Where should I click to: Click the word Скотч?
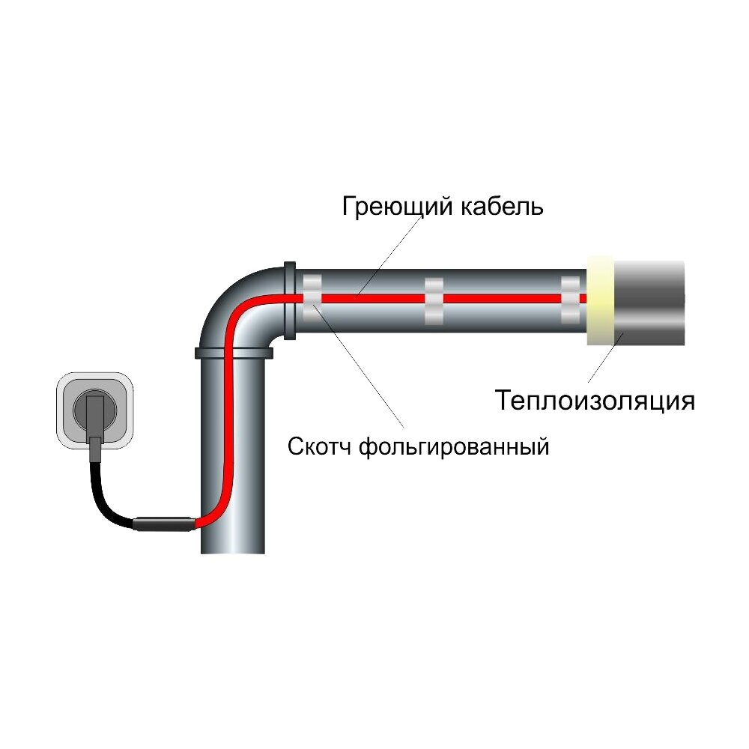321,448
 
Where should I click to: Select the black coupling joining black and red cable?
164,524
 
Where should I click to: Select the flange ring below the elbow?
232,352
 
